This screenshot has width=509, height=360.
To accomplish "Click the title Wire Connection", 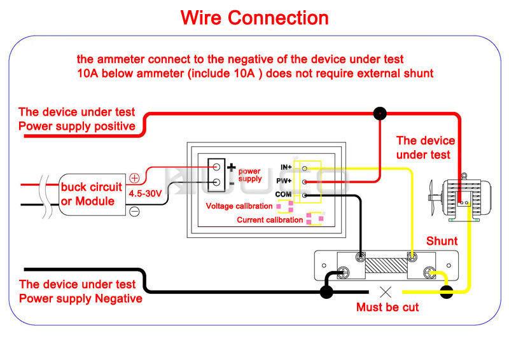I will coord(254,17).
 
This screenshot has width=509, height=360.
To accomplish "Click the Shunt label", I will coord(441,241).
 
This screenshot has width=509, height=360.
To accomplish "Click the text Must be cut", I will coord(387,307).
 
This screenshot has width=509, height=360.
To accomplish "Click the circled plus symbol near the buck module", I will coord(134,178).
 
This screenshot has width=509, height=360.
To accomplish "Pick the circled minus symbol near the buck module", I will coord(134,211).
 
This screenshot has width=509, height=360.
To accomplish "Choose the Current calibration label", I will coord(270,220).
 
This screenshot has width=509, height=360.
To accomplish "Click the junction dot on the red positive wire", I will coord(380,114).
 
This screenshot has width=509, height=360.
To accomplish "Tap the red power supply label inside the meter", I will coord(249,175).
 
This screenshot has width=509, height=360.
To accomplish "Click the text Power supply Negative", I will coord(81,298).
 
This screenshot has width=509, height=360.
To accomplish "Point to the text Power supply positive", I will coord(77,126).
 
